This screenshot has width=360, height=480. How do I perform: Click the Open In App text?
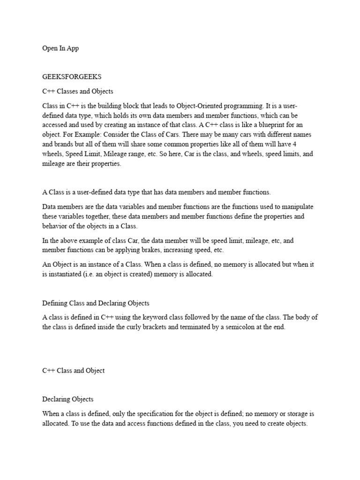pos(60,48)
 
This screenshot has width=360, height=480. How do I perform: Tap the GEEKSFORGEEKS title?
pos(72,76)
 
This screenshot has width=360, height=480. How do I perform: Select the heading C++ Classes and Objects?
pos(78,91)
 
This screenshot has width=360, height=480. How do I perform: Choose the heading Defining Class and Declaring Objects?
pos(96,303)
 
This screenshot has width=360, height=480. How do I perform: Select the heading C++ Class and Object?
pos(74,370)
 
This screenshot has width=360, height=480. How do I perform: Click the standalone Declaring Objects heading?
pos(68,399)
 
